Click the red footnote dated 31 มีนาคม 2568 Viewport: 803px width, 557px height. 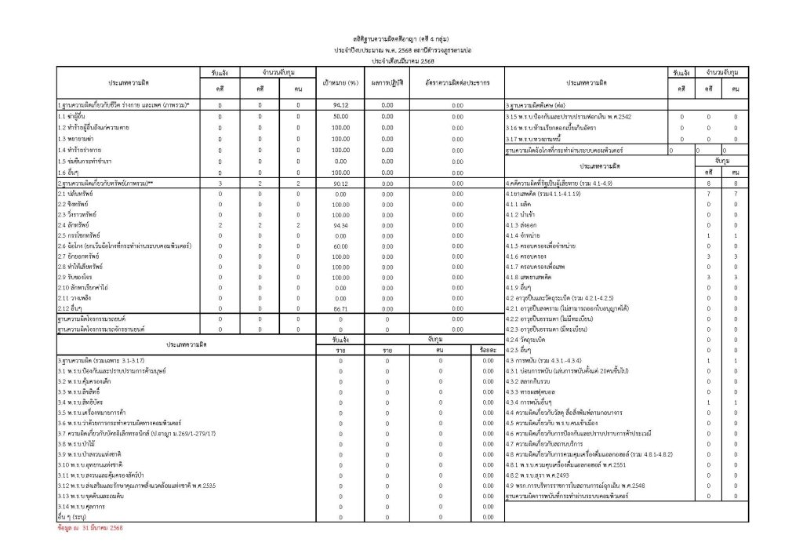(x=90, y=529)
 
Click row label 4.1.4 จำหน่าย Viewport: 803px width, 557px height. (x=525, y=235)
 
